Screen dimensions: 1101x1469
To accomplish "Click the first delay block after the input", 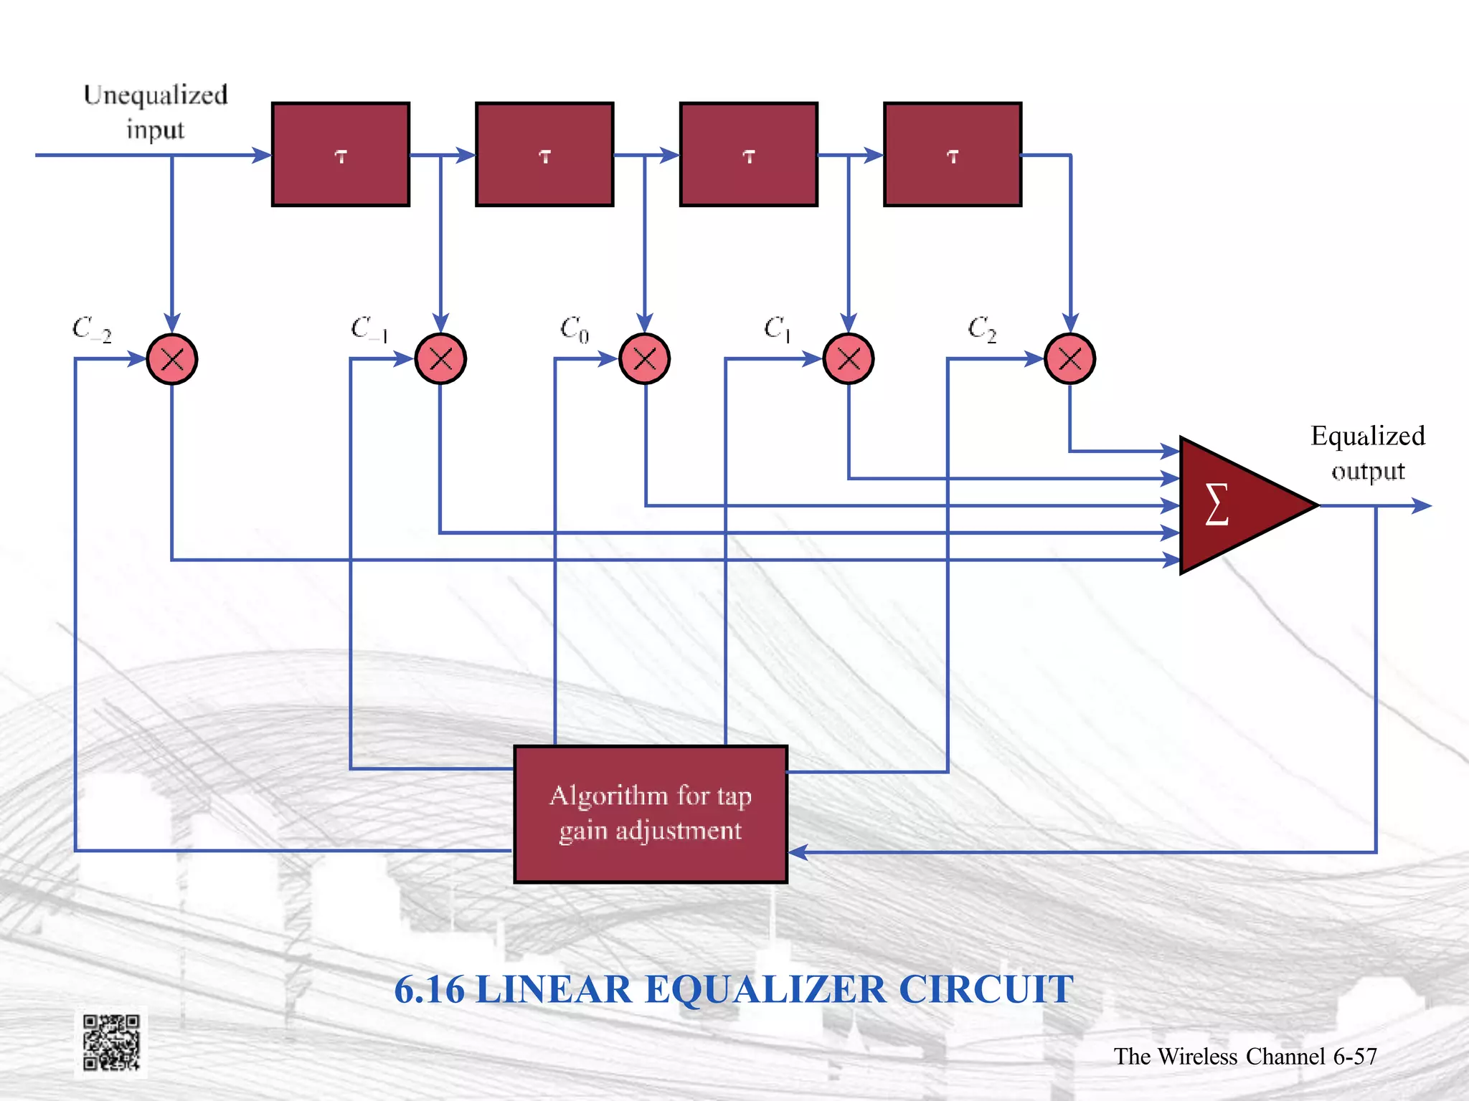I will pos(341,154).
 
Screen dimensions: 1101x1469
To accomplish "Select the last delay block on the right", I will pos(953,154).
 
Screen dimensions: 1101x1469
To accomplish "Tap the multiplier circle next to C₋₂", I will pos(172,359).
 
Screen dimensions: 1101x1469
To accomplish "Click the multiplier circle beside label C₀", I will pos(645,359).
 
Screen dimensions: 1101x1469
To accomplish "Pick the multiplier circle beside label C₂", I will pos(1069,359).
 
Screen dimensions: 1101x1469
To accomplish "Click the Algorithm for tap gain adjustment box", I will pos(651,814).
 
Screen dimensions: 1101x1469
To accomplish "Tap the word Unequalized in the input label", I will pos(156,95).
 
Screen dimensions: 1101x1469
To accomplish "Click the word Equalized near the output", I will pos(1367,436).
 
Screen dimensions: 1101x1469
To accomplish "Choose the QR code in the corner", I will pos(111,1042).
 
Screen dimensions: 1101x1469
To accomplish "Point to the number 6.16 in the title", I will pos(430,989).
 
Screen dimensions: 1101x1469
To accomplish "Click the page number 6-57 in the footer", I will pos(1355,1056).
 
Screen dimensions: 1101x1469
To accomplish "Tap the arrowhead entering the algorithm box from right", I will pos(798,852).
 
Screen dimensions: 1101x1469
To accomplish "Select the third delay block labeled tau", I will pos(749,154).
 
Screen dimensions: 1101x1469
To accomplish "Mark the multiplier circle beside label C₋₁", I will pos(440,359).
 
